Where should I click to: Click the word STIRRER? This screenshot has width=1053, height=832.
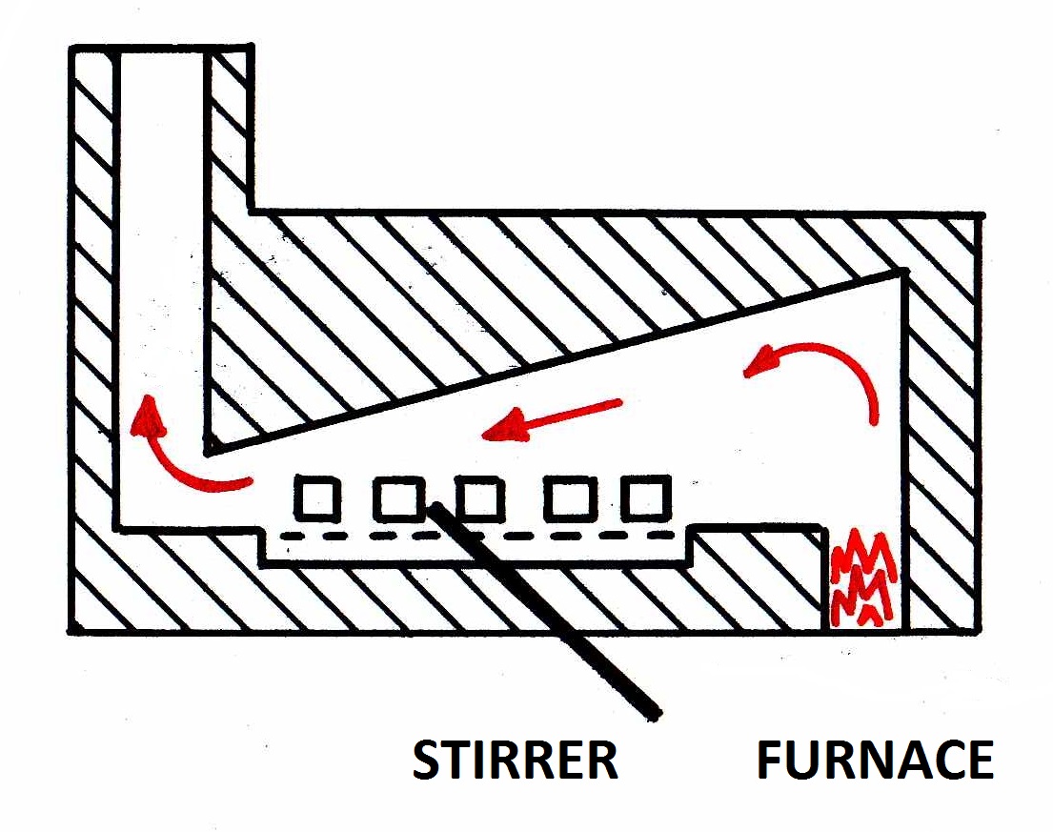(516, 760)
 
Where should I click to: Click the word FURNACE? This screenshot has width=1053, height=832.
(875, 760)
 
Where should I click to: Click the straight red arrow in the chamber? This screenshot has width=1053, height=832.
(553, 420)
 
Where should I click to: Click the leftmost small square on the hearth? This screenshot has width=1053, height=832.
(315, 497)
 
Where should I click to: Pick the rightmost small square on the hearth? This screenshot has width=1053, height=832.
(644, 497)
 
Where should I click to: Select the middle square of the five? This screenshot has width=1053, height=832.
(478, 497)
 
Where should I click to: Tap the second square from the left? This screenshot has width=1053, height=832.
(397, 497)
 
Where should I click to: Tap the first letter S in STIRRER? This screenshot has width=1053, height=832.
(427, 760)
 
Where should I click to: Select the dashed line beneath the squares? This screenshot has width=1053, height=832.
(476, 537)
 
